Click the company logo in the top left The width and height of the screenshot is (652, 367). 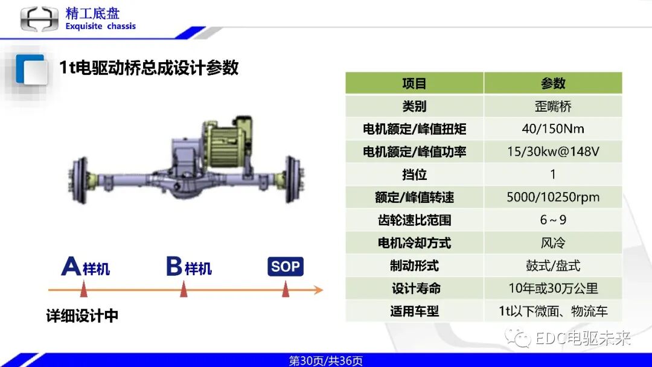point(39,19)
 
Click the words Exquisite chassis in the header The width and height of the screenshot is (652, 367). point(100,27)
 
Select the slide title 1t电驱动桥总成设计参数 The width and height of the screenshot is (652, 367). point(149,68)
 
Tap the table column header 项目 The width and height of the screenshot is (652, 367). point(414,83)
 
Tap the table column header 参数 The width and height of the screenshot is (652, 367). point(552,83)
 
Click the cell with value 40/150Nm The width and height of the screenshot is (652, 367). point(552,129)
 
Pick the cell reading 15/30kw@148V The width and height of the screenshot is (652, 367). point(552,152)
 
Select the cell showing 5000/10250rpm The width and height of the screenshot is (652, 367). point(552,197)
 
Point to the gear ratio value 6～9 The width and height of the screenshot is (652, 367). point(552,220)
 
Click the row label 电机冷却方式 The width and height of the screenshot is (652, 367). point(414,243)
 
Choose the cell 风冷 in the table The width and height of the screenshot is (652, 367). point(552,243)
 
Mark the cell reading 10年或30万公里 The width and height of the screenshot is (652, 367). point(552,289)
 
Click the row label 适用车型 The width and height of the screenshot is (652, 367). point(414,311)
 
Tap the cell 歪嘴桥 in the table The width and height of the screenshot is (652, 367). point(552,106)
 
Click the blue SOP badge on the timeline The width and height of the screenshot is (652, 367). point(285,266)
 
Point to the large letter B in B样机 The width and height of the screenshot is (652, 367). point(174,266)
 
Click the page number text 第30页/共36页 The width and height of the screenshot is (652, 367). point(326,361)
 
